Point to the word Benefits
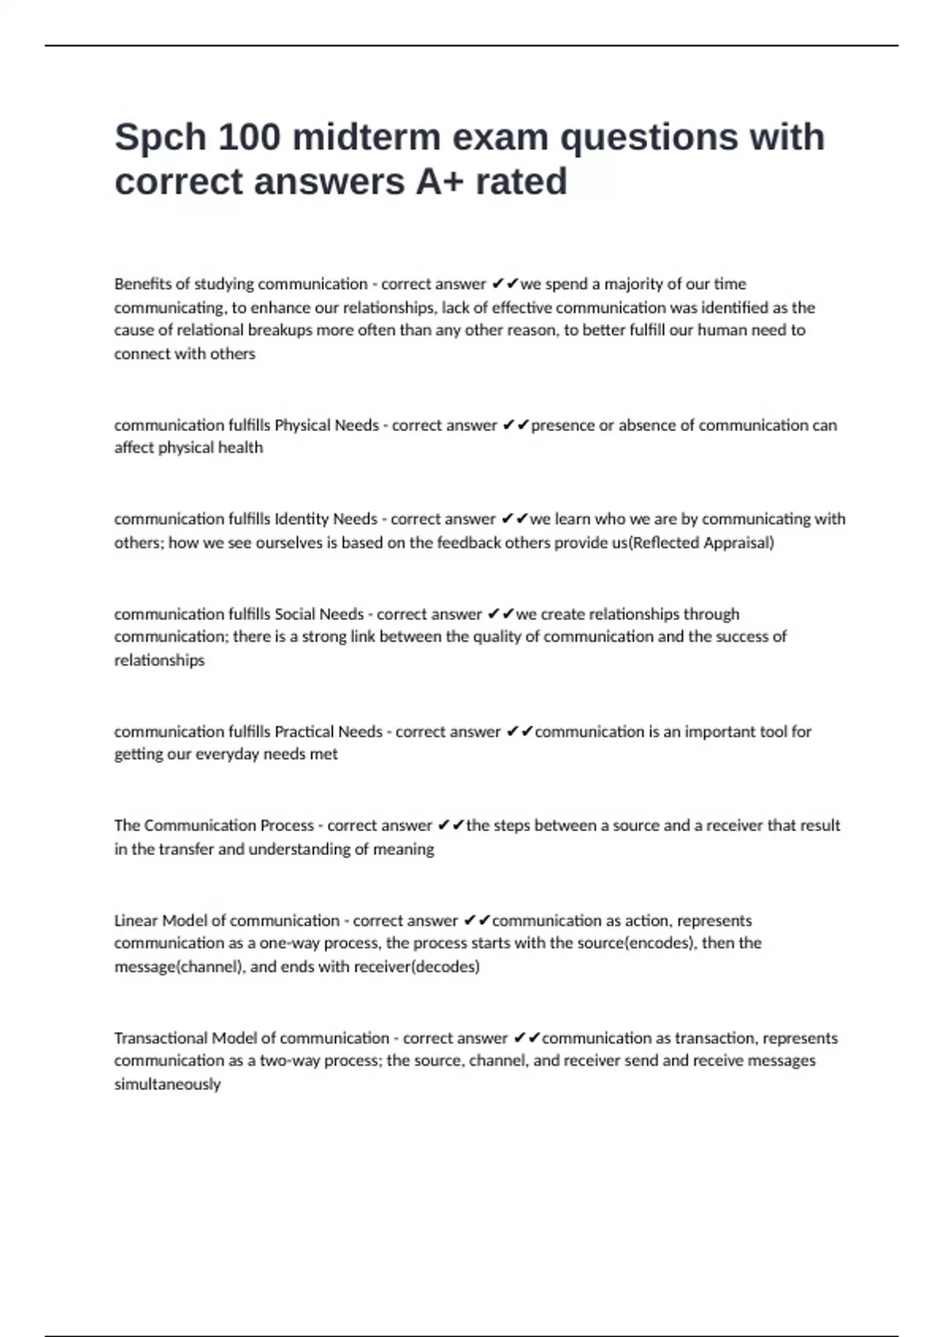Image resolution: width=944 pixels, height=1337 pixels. (141, 284)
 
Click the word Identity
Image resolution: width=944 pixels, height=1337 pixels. (301, 519)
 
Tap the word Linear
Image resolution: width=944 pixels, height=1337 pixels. (135, 921)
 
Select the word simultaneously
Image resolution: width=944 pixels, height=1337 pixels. (168, 1085)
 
